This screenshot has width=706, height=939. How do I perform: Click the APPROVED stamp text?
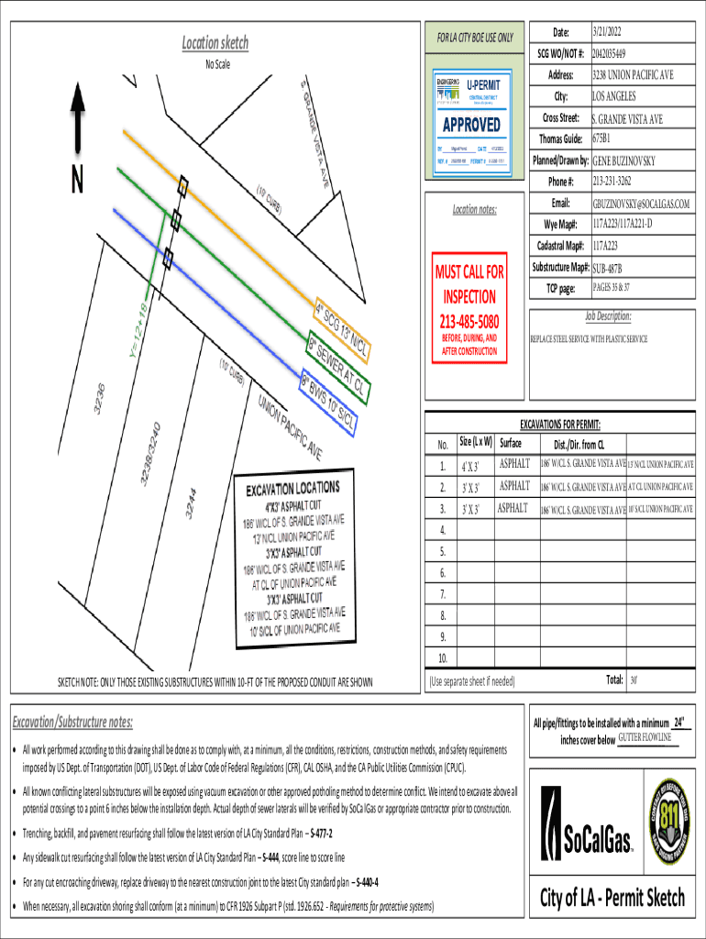pyautogui.click(x=471, y=124)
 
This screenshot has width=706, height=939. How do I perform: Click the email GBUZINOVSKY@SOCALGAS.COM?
pyautogui.click(x=641, y=204)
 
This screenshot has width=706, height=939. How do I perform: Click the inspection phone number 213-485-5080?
pyautogui.click(x=469, y=322)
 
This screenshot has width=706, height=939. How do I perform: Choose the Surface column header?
pyautogui.click(x=517, y=443)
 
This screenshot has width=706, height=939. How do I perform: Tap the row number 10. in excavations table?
pyautogui.click(x=443, y=658)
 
